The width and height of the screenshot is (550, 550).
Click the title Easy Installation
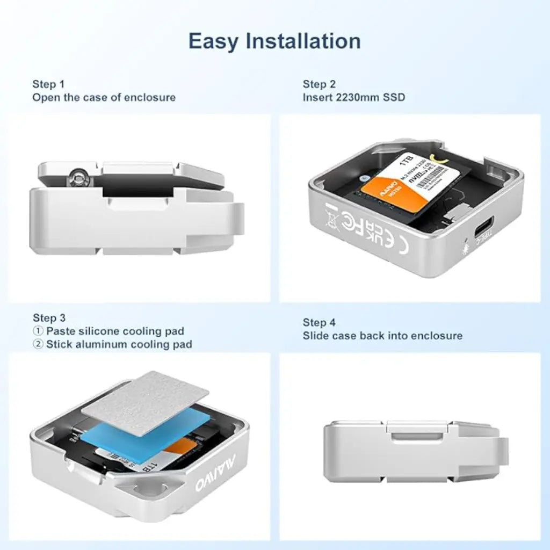pos(274,41)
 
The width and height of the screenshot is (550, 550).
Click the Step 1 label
pos(48,84)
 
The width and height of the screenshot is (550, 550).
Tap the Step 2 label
pos(319,84)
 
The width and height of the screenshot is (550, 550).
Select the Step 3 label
pos(49,317)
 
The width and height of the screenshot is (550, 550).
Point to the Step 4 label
pos(319,322)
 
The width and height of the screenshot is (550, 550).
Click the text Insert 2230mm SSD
pos(353,97)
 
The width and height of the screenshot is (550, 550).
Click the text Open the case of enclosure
pos(104,97)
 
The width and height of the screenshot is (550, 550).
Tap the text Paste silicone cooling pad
pos(114,331)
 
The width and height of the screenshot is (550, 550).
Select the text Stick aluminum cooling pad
pos(119,344)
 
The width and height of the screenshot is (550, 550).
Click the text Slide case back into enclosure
pos(382,336)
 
